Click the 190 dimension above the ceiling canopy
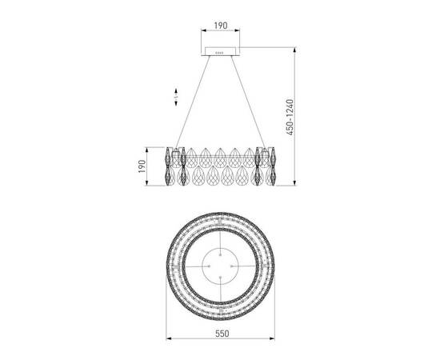coord(221,26)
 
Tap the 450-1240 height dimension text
coord(290,117)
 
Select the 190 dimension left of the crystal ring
coord(142,166)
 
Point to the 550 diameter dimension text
coord(222,334)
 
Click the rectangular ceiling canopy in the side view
coord(221,51)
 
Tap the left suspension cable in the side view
coord(193,102)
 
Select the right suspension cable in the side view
coord(248,102)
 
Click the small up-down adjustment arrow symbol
coord(176,97)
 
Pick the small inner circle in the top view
coord(220,248)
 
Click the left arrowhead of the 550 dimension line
coord(169,338)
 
